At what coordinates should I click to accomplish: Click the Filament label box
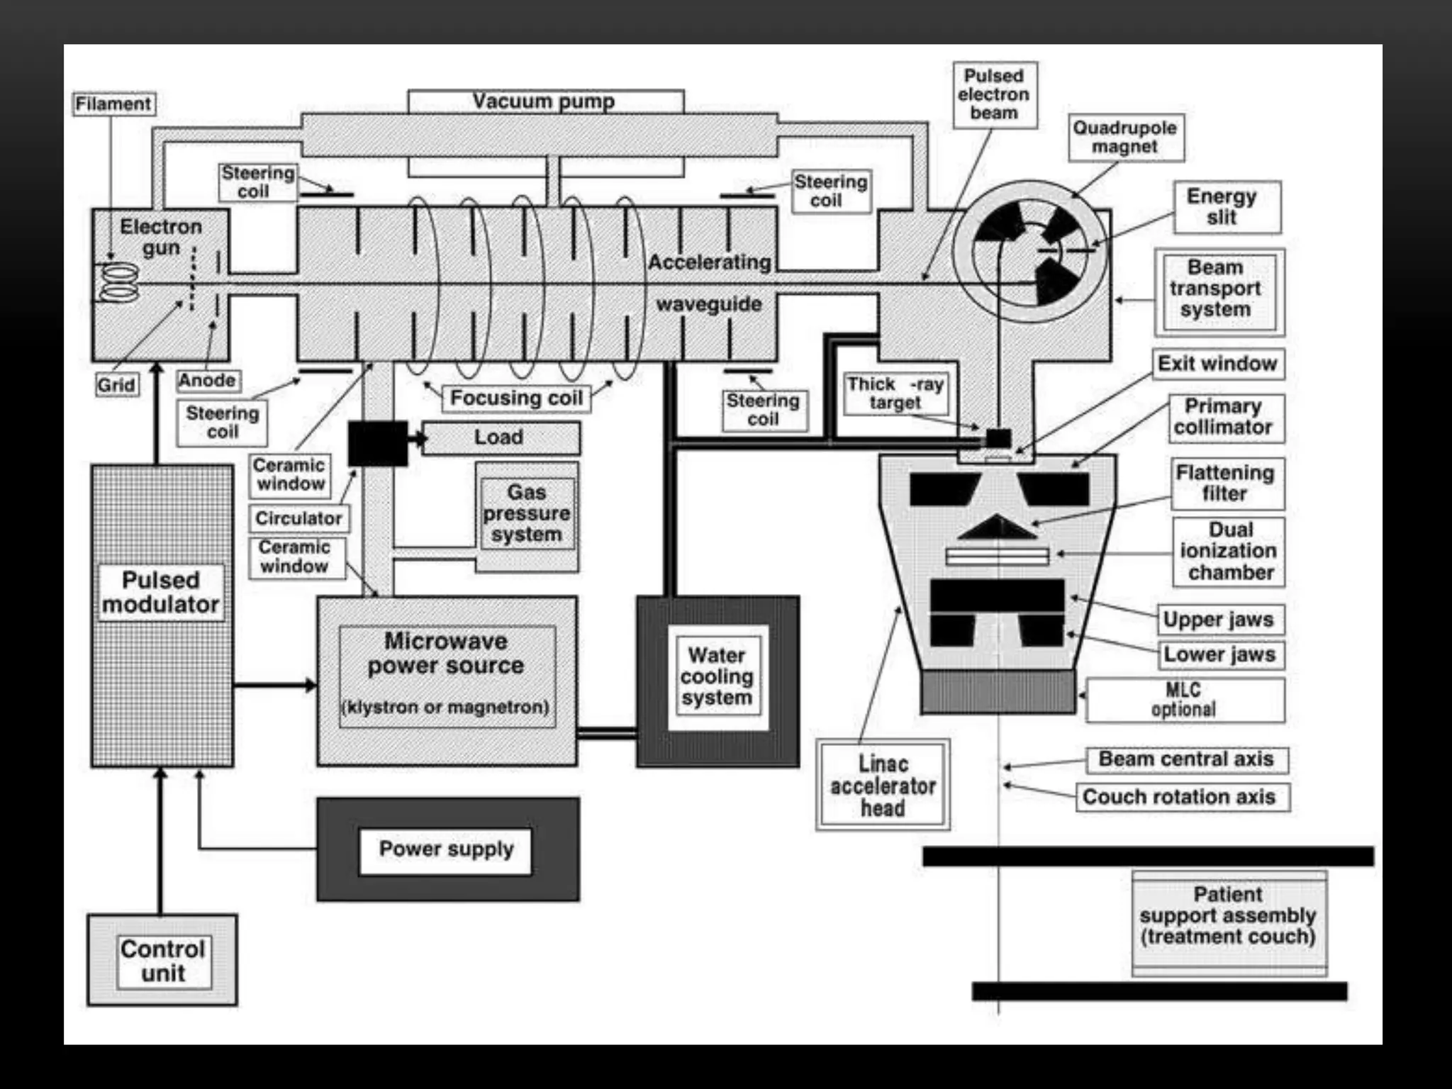pyautogui.click(x=113, y=104)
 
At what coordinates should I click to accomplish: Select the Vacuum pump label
pyautogui.click(x=544, y=101)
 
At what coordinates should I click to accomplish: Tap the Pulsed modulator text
pyautogui.click(x=161, y=592)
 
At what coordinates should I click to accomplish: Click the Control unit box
pyautogui.click(x=162, y=961)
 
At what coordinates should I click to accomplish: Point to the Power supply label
pyautogui.click(x=446, y=849)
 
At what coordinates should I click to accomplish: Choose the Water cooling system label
pyautogui.click(x=717, y=676)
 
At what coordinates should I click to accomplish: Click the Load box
pyautogui.click(x=501, y=437)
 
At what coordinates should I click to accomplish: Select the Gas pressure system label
pyautogui.click(x=527, y=513)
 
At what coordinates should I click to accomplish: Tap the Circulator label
pyautogui.click(x=298, y=518)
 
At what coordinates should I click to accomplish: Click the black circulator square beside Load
pyautogui.click(x=377, y=443)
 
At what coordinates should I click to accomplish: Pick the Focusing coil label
pyautogui.click(x=516, y=398)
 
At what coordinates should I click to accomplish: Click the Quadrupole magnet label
pyautogui.click(x=1125, y=138)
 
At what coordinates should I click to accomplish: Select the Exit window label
pyautogui.click(x=1217, y=364)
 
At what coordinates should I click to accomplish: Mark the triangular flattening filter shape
pyautogui.click(x=998, y=528)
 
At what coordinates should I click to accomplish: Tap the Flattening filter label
pyautogui.click(x=1227, y=484)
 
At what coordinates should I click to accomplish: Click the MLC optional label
pyautogui.click(x=1184, y=700)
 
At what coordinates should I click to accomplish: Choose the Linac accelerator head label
pyautogui.click(x=883, y=786)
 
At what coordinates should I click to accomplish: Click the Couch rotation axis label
pyautogui.click(x=1180, y=797)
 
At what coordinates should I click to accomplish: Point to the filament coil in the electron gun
pyautogui.click(x=118, y=282)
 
